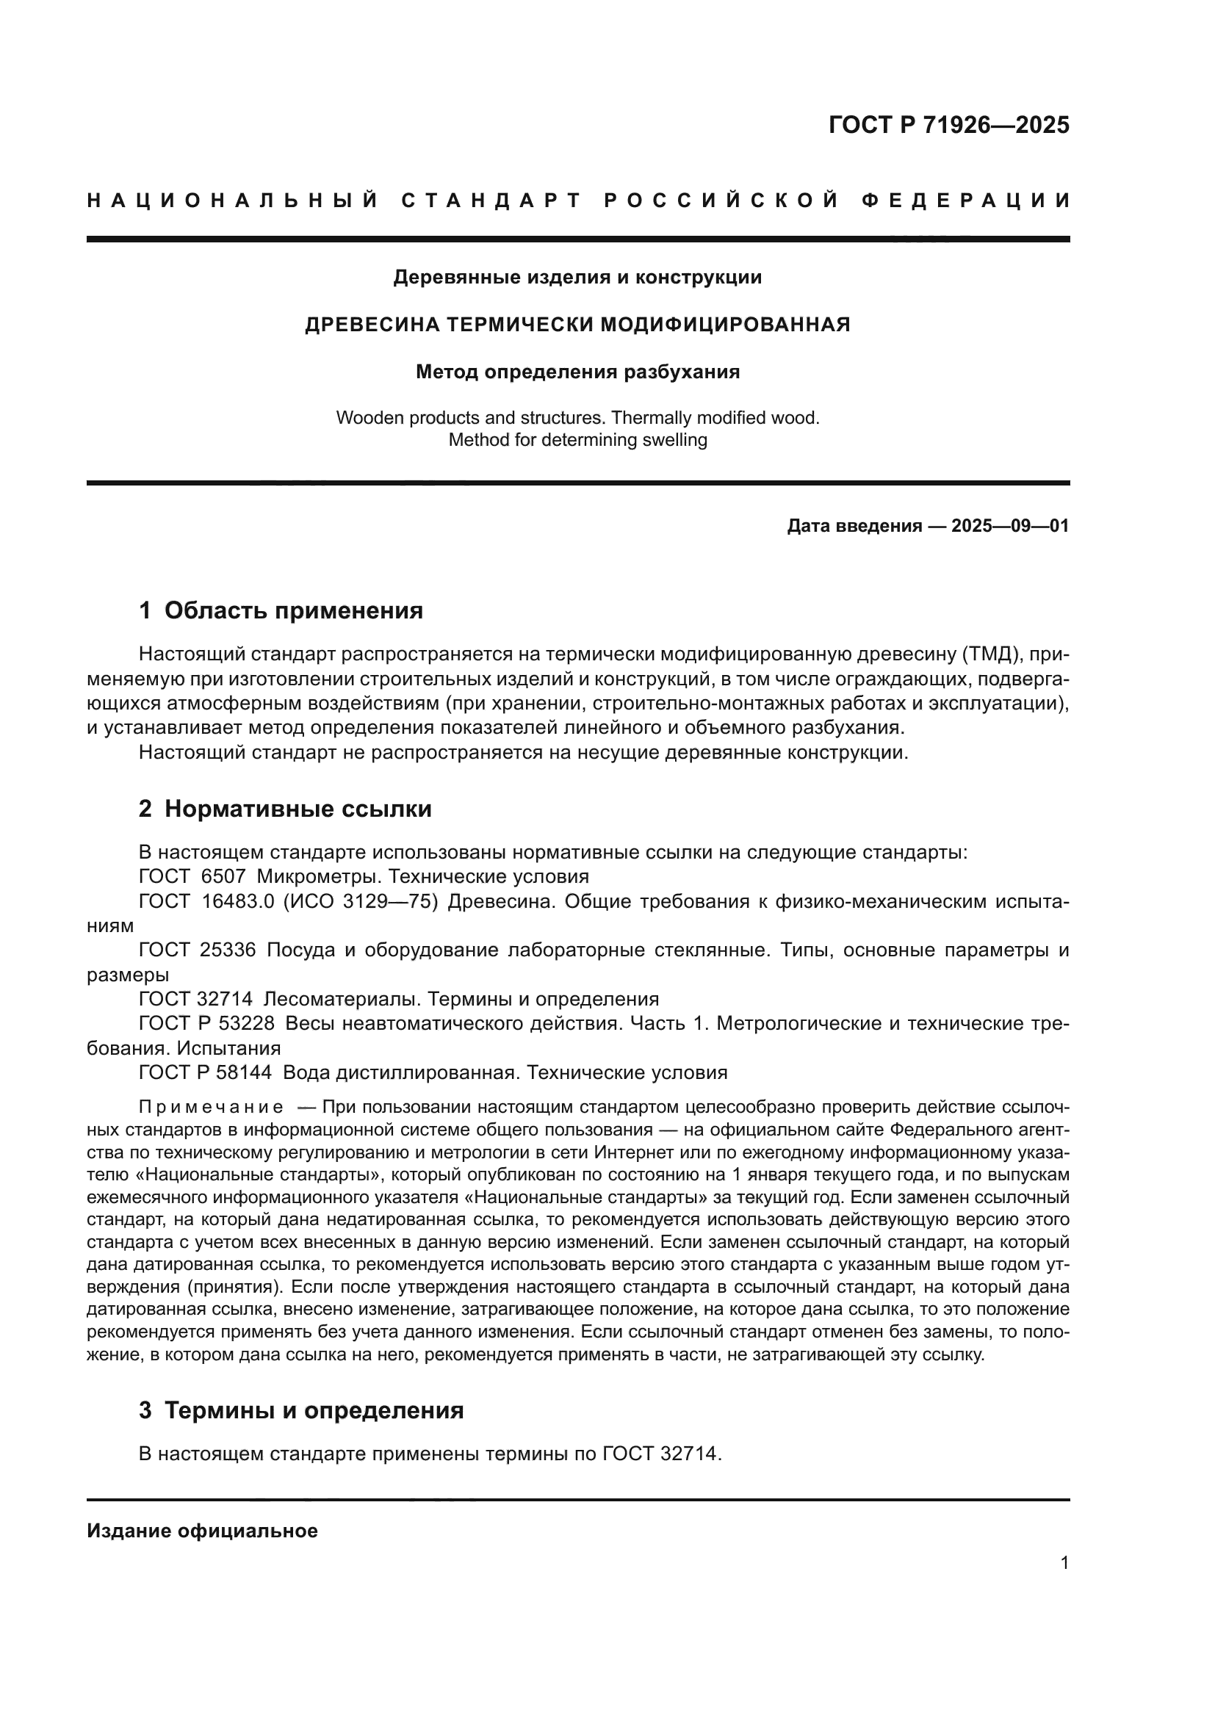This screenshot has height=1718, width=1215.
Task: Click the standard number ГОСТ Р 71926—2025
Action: pos(948,125)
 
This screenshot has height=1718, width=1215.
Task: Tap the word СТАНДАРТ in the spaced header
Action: pos(491,201)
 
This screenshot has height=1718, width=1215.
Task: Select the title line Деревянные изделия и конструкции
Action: pos(577,278)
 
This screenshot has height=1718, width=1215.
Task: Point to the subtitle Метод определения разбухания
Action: pos(577,372)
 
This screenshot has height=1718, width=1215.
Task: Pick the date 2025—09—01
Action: pos(1010,526)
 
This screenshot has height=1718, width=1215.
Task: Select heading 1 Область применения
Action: pos(281,610)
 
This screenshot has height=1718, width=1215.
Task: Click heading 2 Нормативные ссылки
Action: pos(285,809)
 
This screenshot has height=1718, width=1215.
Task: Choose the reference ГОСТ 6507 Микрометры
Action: pos(364,876)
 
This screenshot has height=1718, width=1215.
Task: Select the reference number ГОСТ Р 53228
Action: pos(206,1024)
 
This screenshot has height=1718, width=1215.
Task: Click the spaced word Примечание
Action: pos(211,1107)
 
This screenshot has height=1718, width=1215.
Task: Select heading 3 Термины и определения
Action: pos(301,1410)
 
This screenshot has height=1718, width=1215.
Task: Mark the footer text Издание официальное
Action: pos(202,1531)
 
